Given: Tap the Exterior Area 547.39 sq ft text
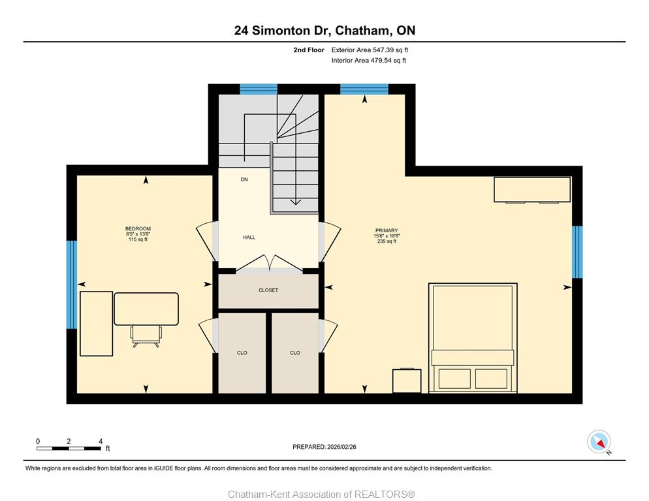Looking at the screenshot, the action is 370,50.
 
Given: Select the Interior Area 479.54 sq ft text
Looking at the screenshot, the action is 368,61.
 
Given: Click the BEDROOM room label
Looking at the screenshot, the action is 138,229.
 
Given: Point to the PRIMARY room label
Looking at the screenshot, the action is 387,230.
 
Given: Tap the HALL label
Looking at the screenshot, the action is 249,237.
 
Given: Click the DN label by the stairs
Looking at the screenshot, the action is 244,179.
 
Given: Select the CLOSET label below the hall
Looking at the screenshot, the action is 268,290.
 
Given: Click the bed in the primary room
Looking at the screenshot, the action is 473,337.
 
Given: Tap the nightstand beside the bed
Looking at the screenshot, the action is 407,380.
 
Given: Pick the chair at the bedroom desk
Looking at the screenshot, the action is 146,336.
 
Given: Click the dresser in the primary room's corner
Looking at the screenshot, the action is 532,189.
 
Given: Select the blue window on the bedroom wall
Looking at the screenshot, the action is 72,284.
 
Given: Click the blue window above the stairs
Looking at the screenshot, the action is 259,89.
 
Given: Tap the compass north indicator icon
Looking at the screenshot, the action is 599,442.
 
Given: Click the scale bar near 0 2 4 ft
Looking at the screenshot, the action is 69,448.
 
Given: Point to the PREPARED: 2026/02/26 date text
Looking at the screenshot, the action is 324,447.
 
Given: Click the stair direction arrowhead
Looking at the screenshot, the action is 296,202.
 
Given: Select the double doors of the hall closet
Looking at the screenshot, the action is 269,264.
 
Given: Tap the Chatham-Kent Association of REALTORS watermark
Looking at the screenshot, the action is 322,494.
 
